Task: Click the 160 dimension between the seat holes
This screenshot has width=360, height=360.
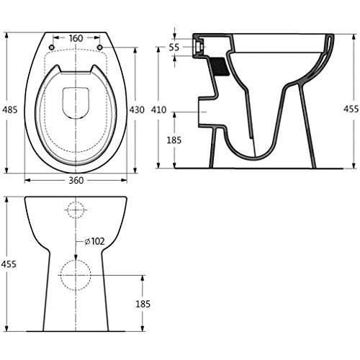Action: [76, 38]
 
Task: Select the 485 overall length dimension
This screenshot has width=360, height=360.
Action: [10, 110]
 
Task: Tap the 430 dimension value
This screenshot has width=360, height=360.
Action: [137, 110]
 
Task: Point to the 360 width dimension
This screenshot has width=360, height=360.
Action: [76, 181]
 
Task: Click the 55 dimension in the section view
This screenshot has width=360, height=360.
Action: [174, 48]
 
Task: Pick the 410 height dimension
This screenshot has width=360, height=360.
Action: [158, 110]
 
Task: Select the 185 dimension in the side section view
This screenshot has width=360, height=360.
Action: [174, 140]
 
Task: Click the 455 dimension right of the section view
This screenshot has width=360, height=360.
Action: [351, 109]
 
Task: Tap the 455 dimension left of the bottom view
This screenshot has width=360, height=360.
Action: [9, 264]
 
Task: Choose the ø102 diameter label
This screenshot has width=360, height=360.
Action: [95, 241]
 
